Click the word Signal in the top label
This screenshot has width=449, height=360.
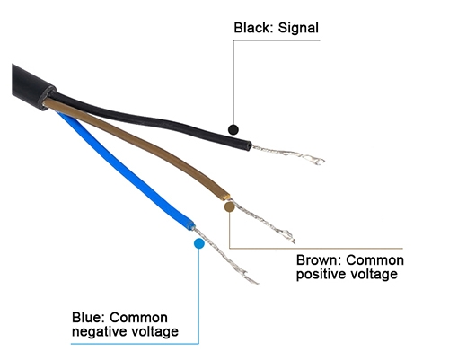click(x=296, y=28)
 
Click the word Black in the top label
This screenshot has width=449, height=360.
click(x=251, y=28)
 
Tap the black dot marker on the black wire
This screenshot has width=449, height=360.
click(x=233, y=129)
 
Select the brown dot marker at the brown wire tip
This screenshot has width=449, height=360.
click(x=229, y=206)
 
